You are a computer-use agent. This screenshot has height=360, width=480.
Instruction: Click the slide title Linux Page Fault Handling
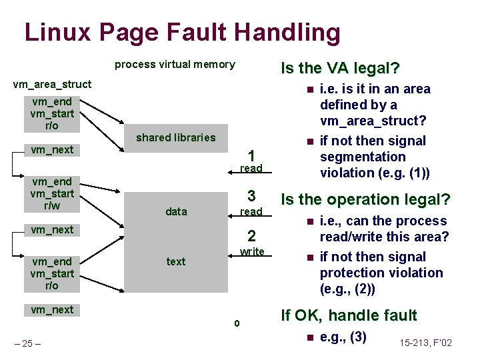click(x=182, y=32)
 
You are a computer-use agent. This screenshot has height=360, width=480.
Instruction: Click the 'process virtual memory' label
click(x=175, y=65)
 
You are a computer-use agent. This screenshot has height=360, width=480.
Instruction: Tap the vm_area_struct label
click(x=53, y=85)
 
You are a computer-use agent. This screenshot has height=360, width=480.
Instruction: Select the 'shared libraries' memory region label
click(x=176, y=137)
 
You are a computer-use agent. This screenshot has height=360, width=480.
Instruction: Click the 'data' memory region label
click(x=176, y=211)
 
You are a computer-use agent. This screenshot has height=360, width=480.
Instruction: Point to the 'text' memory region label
click(x=176, y=261)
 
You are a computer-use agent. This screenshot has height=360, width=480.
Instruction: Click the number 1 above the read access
click(x=251, y=154)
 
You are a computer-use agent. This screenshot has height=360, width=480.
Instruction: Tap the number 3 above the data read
click(x=251, y=196)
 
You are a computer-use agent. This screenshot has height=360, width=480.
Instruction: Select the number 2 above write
click(x=251, y=236)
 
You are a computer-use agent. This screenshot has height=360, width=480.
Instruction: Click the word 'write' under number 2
click(x=252, y=251)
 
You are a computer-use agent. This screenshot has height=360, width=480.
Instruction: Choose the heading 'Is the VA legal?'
click(x=340, y=69)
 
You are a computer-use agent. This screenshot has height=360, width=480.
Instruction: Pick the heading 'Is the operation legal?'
click(x=366, y=199)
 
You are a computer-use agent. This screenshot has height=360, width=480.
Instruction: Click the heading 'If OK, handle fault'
click(x=349, y=315)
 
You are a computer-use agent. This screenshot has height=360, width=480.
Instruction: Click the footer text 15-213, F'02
click(x=427, y=343)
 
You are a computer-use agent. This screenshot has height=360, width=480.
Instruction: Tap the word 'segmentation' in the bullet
click(x=363, y=157)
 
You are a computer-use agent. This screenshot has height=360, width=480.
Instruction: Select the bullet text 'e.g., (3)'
click(x=343, y=337)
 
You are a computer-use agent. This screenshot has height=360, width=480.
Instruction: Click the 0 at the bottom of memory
click(x=236, y=325)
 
